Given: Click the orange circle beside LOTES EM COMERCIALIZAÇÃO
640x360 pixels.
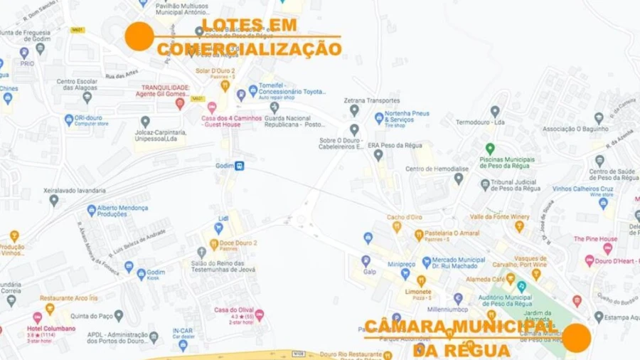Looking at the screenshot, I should pos(139,36).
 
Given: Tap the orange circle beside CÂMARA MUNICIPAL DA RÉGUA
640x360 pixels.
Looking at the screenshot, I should pos(577,338).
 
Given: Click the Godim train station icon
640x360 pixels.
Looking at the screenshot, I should pos(240,166).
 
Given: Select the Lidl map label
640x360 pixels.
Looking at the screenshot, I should pos(223,218).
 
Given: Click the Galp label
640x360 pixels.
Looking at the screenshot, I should pos(368,270).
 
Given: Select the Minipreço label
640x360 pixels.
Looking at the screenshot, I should pos(401,263).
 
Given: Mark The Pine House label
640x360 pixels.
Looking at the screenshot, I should pos(596,239).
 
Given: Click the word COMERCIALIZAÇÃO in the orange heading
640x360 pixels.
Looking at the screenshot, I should pos(249,49).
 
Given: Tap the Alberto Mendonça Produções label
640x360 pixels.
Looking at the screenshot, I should pos(122,210).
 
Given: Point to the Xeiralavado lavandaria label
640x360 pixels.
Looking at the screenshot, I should pos(55,191).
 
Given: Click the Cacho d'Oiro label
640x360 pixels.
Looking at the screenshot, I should pos(405,217).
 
